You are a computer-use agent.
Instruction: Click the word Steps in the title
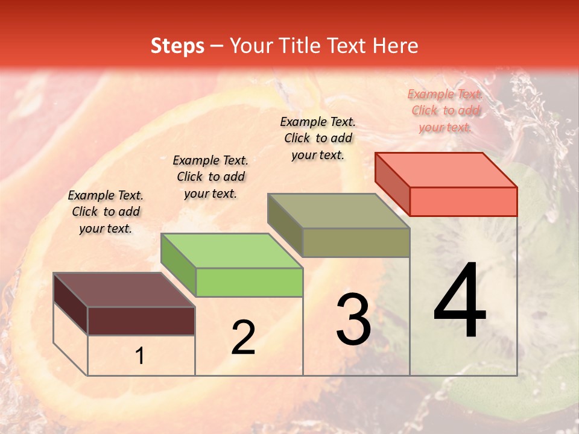(x=177, y=46)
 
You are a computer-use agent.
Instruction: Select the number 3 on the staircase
(x=353, y=319)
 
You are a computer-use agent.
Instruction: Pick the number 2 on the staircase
(x=243, y=338)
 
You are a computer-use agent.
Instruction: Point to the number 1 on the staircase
(x=139, y=356)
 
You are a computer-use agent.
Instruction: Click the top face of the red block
(x=446, y=169)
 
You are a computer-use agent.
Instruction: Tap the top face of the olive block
(x=338, y=211)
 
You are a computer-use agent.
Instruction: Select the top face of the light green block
(x=232, y=251)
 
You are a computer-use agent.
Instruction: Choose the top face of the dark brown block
(x=124, y=290)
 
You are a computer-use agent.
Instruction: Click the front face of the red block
(x=463, y=201)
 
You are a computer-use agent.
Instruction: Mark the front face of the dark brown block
(x=141, y=321)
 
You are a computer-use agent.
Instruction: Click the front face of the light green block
(x=249, y=282)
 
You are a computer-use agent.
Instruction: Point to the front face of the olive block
(x=356, y=242)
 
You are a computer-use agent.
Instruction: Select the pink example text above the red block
(x=445, y=110)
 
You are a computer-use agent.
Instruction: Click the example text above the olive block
(x=318, y=138)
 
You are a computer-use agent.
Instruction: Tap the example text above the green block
(x=210, y=177)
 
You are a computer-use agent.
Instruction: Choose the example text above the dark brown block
(x=106, y=212)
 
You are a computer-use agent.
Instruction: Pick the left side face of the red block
(x=392, y=184)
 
